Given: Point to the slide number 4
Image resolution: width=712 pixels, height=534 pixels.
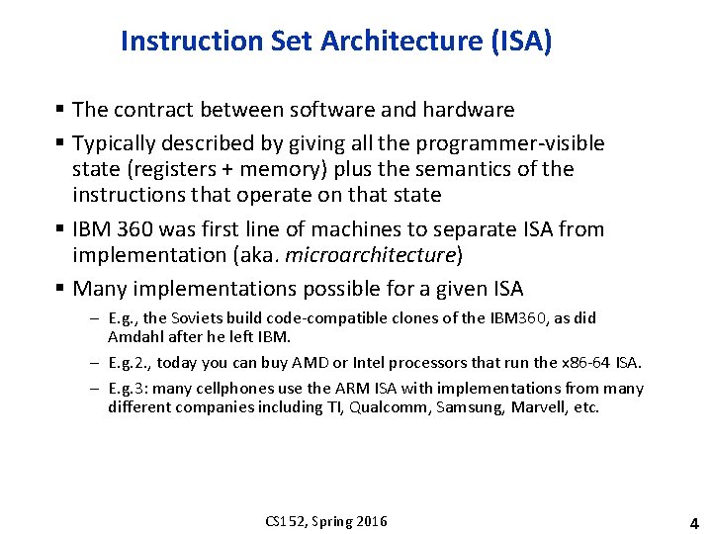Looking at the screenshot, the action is tap(693, 522).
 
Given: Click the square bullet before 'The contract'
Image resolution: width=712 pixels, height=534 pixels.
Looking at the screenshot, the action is tap(61, 110).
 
